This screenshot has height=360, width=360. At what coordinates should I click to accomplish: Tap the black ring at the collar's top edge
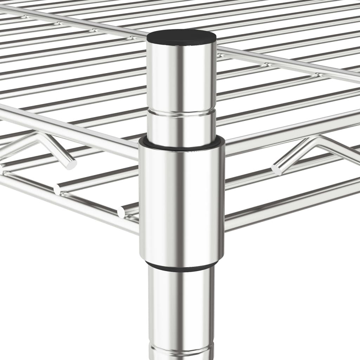181,143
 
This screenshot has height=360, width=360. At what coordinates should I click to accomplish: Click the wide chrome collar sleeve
181,204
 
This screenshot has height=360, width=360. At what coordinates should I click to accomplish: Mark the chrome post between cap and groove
181,77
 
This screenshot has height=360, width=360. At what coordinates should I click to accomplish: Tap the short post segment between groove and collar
181,127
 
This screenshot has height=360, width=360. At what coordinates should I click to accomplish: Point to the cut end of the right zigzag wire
276,169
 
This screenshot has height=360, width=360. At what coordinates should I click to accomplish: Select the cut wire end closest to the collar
121,212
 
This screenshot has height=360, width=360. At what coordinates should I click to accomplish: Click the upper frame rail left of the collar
70,130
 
